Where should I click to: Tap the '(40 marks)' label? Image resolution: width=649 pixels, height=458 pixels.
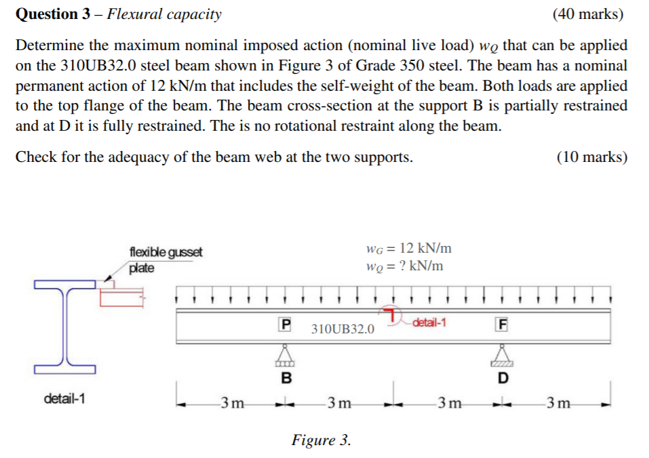(x=588, y=14)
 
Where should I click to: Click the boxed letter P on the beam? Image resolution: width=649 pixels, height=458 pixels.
(x=286, y=325)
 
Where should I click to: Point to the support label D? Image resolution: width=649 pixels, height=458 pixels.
(x=502, y=377)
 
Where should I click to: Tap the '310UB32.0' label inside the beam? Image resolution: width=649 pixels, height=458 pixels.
(x=342, y=329)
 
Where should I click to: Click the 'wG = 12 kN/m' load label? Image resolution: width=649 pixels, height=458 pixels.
(x=408, y=248)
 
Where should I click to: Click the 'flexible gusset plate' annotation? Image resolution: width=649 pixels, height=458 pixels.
(x=165, y=259)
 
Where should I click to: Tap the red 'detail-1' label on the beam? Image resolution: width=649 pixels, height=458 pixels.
(x=429, y=322)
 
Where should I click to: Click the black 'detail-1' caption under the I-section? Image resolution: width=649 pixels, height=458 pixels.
(x=64, y=398)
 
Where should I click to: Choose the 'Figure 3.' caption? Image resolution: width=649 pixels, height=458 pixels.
(x=321, y=440)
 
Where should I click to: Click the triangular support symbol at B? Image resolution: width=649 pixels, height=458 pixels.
(x=286, y=354)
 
